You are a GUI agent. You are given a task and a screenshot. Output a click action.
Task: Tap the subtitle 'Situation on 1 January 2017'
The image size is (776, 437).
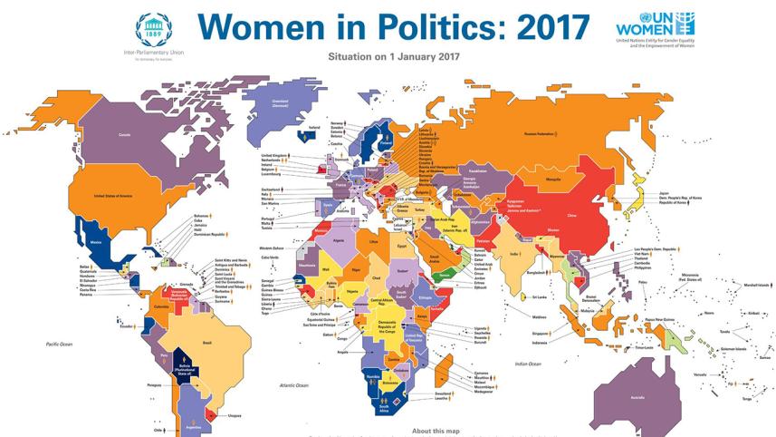point(387,57)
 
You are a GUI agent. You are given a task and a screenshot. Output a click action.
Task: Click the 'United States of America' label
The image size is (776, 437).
point(115,195)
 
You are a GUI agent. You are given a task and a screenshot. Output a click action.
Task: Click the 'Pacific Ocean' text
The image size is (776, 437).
point(59,345)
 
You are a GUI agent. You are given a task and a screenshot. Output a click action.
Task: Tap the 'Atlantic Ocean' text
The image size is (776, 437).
point(296,385)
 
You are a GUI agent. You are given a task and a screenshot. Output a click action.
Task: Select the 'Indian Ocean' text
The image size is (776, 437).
point(527,364)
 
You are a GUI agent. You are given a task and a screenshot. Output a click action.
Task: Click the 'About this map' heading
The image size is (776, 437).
point(435,430)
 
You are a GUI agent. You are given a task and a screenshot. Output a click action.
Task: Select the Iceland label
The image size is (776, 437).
point(313,128)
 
